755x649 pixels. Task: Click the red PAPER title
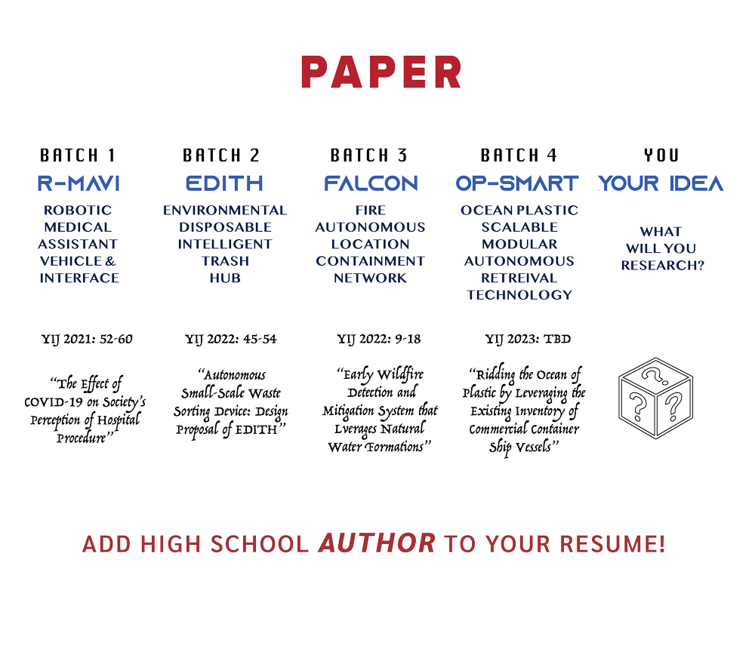point(381,71)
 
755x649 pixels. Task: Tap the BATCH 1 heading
point(78,156)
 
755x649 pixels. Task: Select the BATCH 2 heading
point(222,156)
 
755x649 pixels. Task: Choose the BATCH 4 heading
point(519,156)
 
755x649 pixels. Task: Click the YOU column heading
point(661,156)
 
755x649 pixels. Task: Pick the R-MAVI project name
point(78,183)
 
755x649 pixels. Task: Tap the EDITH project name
point(224,183)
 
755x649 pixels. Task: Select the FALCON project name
point(371,183)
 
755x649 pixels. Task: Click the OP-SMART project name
point(517,183)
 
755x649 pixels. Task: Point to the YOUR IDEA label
point(661,183)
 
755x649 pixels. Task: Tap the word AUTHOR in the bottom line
point(376,543)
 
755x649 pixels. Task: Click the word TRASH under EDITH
point(224,261)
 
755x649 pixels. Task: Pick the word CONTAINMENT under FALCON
point(370,261)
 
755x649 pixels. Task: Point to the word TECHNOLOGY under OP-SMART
point(519,295)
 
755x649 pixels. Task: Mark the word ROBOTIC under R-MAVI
point(79,210)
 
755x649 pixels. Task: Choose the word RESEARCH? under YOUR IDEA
point(662,265)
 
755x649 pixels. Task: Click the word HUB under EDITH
point(224,278)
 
